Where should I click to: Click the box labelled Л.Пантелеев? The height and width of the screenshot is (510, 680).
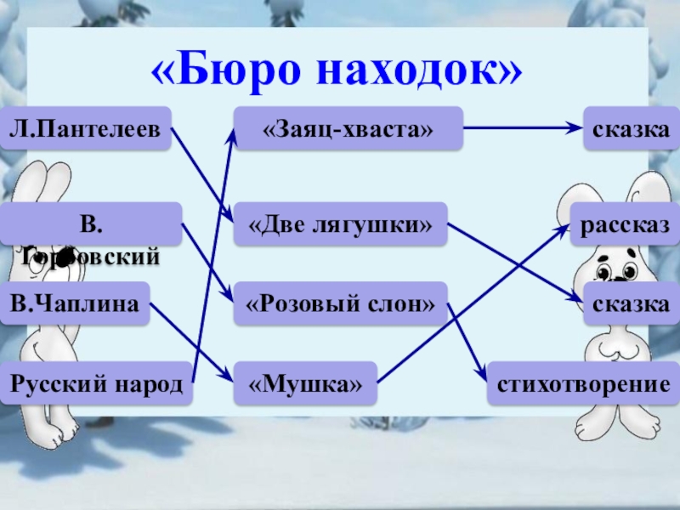point(85,128)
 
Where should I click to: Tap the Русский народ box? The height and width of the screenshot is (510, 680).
point(96,385)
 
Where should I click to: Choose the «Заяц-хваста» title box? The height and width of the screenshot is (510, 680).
point(348,128)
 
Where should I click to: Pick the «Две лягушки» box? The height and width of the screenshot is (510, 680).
point(340,224)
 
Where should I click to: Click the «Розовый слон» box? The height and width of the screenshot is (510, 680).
point(340,304)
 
